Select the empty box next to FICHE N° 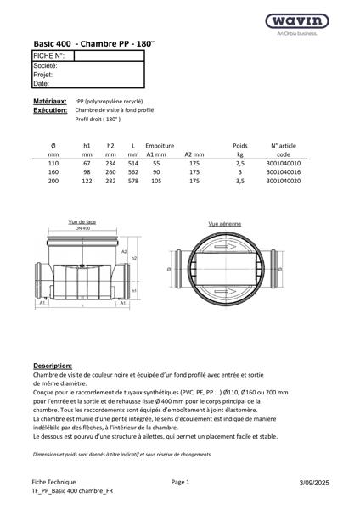click(109, 56)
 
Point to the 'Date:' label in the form click(42, 84)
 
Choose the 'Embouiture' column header click(160, 146)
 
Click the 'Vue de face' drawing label click(83, 222)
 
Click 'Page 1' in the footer click(180, 481)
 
